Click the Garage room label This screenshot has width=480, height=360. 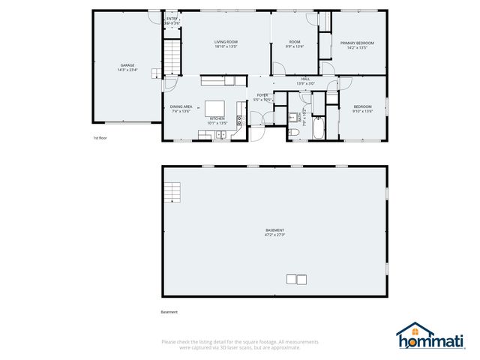coord(127,65)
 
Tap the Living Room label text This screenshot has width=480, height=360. coord(226,43)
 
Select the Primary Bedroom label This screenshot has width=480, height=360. coord(357,43)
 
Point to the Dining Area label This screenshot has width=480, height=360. coord(181,106)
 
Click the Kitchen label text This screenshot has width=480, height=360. coord(217,118)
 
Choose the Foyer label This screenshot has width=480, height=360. coord(262,94)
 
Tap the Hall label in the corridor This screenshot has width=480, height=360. coord(305,79)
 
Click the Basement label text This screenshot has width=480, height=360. coord(274,229)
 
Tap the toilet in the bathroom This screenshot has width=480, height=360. coord(295,133)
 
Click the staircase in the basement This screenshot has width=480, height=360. coord(173,193)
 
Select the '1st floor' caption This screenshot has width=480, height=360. coord(100,138)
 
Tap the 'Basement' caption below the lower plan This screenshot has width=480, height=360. coord(169,312)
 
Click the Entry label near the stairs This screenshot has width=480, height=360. coord(172,18)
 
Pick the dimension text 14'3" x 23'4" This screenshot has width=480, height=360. coord(127,70)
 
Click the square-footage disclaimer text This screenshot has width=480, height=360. coord(240,344)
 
